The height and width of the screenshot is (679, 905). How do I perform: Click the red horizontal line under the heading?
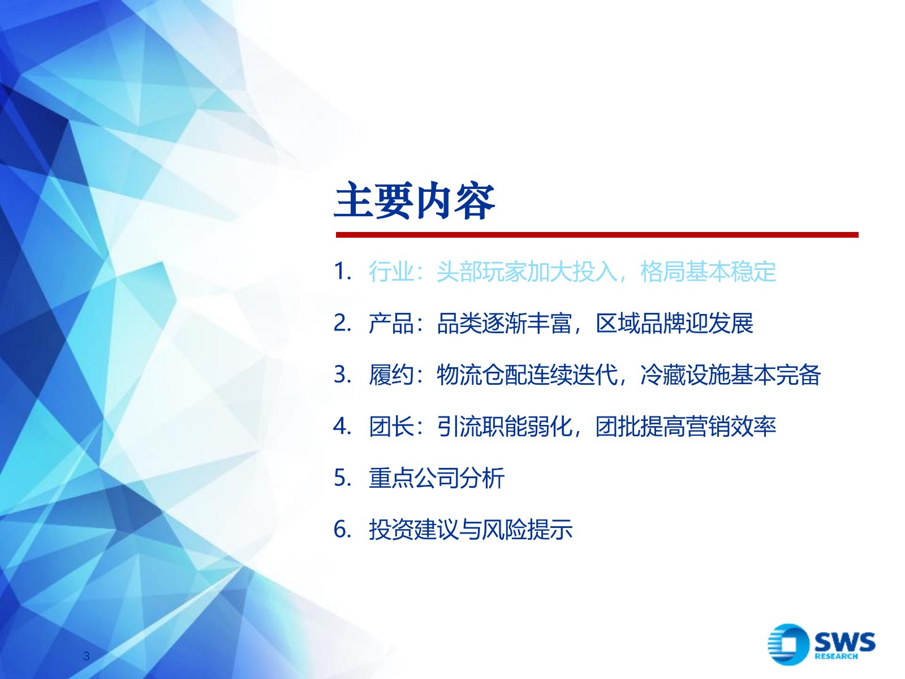coord(597,235)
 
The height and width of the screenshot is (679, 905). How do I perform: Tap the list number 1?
coord(343,272)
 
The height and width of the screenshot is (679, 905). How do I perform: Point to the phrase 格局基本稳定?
coord(708,272)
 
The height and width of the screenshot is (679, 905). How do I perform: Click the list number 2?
coord(343,323)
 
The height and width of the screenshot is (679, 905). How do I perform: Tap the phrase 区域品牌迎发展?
coord(675,324)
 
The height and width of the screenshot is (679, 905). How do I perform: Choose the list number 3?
coord(343,375)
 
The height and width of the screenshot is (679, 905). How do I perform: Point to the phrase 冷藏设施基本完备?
coord(731,375)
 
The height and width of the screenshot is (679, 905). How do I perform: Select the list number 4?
coord(343,426)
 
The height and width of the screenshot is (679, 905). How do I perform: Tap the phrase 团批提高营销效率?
coord(686,427)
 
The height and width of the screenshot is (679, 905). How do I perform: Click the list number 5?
coord(343,478)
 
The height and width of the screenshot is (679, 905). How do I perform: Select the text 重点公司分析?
coord(437,478)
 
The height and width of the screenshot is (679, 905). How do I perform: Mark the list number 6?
coord(343,530)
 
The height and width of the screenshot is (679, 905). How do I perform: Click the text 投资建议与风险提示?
coord(471,530)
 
